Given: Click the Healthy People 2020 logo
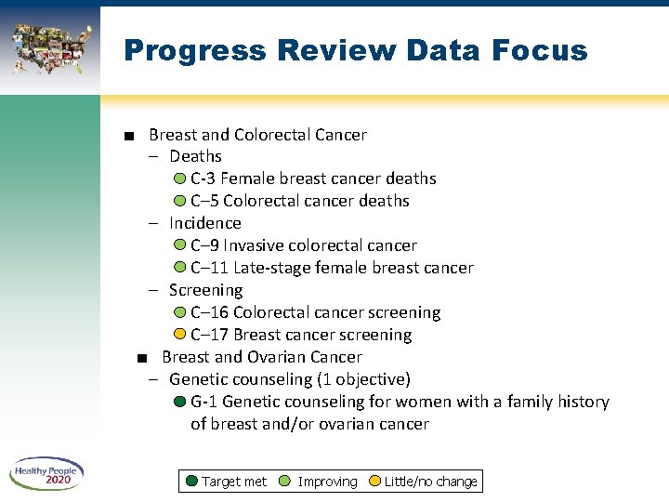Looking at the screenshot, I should point(47,475).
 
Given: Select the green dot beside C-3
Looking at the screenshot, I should point(179,178).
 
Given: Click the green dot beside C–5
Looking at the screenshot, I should point(179,201).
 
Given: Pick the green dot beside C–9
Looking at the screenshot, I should point(179,245).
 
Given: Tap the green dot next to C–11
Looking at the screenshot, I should point(179,268).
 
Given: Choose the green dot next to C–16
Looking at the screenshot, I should point(179,312).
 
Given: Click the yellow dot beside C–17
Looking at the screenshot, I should point(179,335).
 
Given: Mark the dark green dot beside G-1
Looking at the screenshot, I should point(179,402).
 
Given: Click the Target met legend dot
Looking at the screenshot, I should point(191,481).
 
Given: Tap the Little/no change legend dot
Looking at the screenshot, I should point(375,481).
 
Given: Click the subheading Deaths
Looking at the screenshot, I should point(195,156).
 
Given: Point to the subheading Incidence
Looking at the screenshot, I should point(204,223).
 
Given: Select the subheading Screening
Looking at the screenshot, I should point(204,290).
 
